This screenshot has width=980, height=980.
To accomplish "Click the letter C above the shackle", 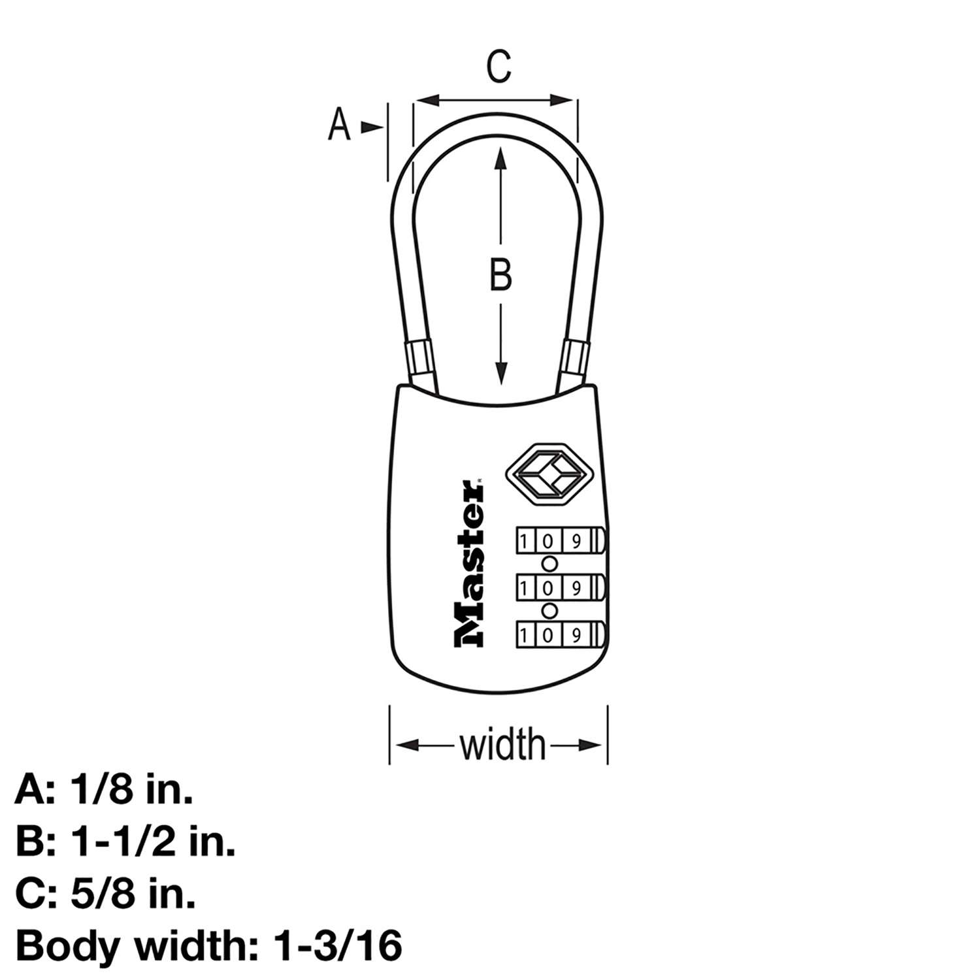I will [499, 66].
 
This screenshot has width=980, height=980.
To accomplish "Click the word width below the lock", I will [502, 745].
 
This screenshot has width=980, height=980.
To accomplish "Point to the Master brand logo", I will [469, 564].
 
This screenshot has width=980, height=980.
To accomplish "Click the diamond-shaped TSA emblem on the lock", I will [544, 474].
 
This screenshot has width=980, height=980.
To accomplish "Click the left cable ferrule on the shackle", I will [418, 357].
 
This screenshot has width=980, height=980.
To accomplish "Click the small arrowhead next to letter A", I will [372, 127].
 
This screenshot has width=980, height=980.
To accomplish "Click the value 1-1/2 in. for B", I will [152, 842].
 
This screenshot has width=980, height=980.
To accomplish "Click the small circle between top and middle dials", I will [550, 564].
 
